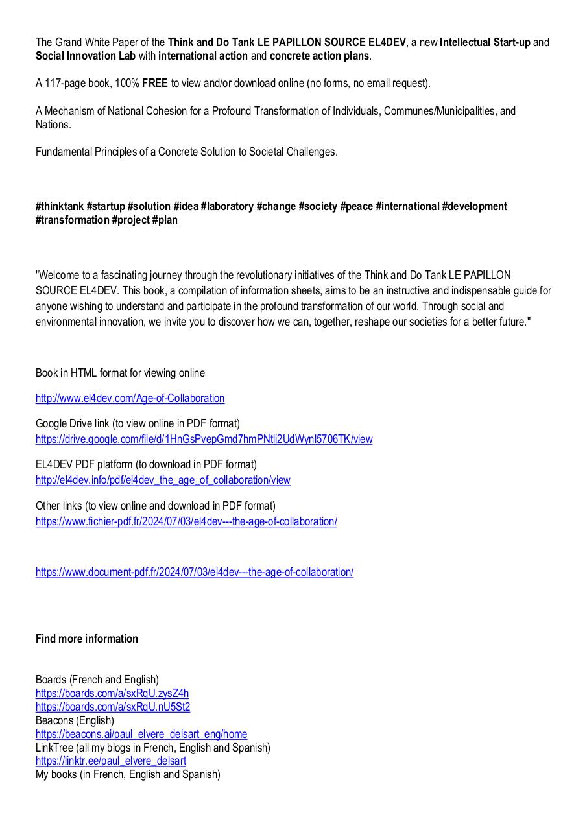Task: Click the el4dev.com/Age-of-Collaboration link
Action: (130, 398)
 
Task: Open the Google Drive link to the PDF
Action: (204, 439)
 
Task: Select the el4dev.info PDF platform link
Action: (163, 480)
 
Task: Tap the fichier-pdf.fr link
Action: (186, 521)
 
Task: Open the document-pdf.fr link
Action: (194, 572)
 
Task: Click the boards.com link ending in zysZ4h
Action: (112, 693)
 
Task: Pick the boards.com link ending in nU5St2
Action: (113, 707)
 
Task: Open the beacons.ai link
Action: (141, 734)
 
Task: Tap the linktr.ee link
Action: (111, 761)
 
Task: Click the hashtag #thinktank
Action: (60, 206)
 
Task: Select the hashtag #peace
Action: (356, 206)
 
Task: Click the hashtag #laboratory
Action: (227, 206)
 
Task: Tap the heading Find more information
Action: (87, 639)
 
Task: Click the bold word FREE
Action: (155, 83)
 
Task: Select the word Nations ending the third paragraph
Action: (52, 124)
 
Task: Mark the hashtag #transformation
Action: (72, 220)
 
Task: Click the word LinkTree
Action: (54, 748)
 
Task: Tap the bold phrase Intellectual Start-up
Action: (485, 42)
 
